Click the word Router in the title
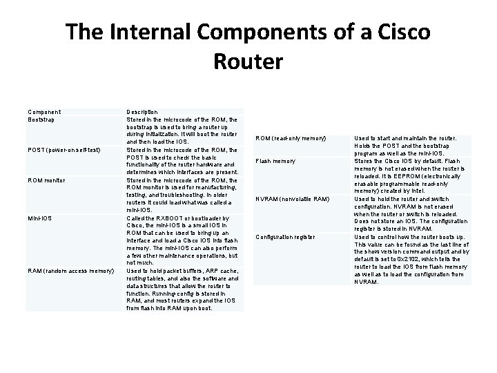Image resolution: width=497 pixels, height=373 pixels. pyautogui.click(x=248, y=61)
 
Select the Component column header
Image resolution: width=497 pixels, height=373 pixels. pyautogui.click(x=44, y=112)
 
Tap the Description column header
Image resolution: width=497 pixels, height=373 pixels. pyautogui.click(x=142, y=112)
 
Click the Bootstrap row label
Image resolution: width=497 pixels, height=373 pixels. pyautogui.click(x=42, y=119)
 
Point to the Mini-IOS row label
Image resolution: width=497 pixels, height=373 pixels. pyautogui.click(x=39, y=218)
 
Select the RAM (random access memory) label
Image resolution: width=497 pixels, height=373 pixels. pyautogui.click(x=70, y=270)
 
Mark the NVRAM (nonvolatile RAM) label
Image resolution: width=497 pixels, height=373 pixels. pyautogui.click(x=297, y=200)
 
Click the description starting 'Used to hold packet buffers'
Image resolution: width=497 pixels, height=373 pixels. pyautogui.click(x=182, y=289)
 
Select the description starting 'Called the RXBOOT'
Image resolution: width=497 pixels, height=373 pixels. pyautogui.click(x=182, y=240)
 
